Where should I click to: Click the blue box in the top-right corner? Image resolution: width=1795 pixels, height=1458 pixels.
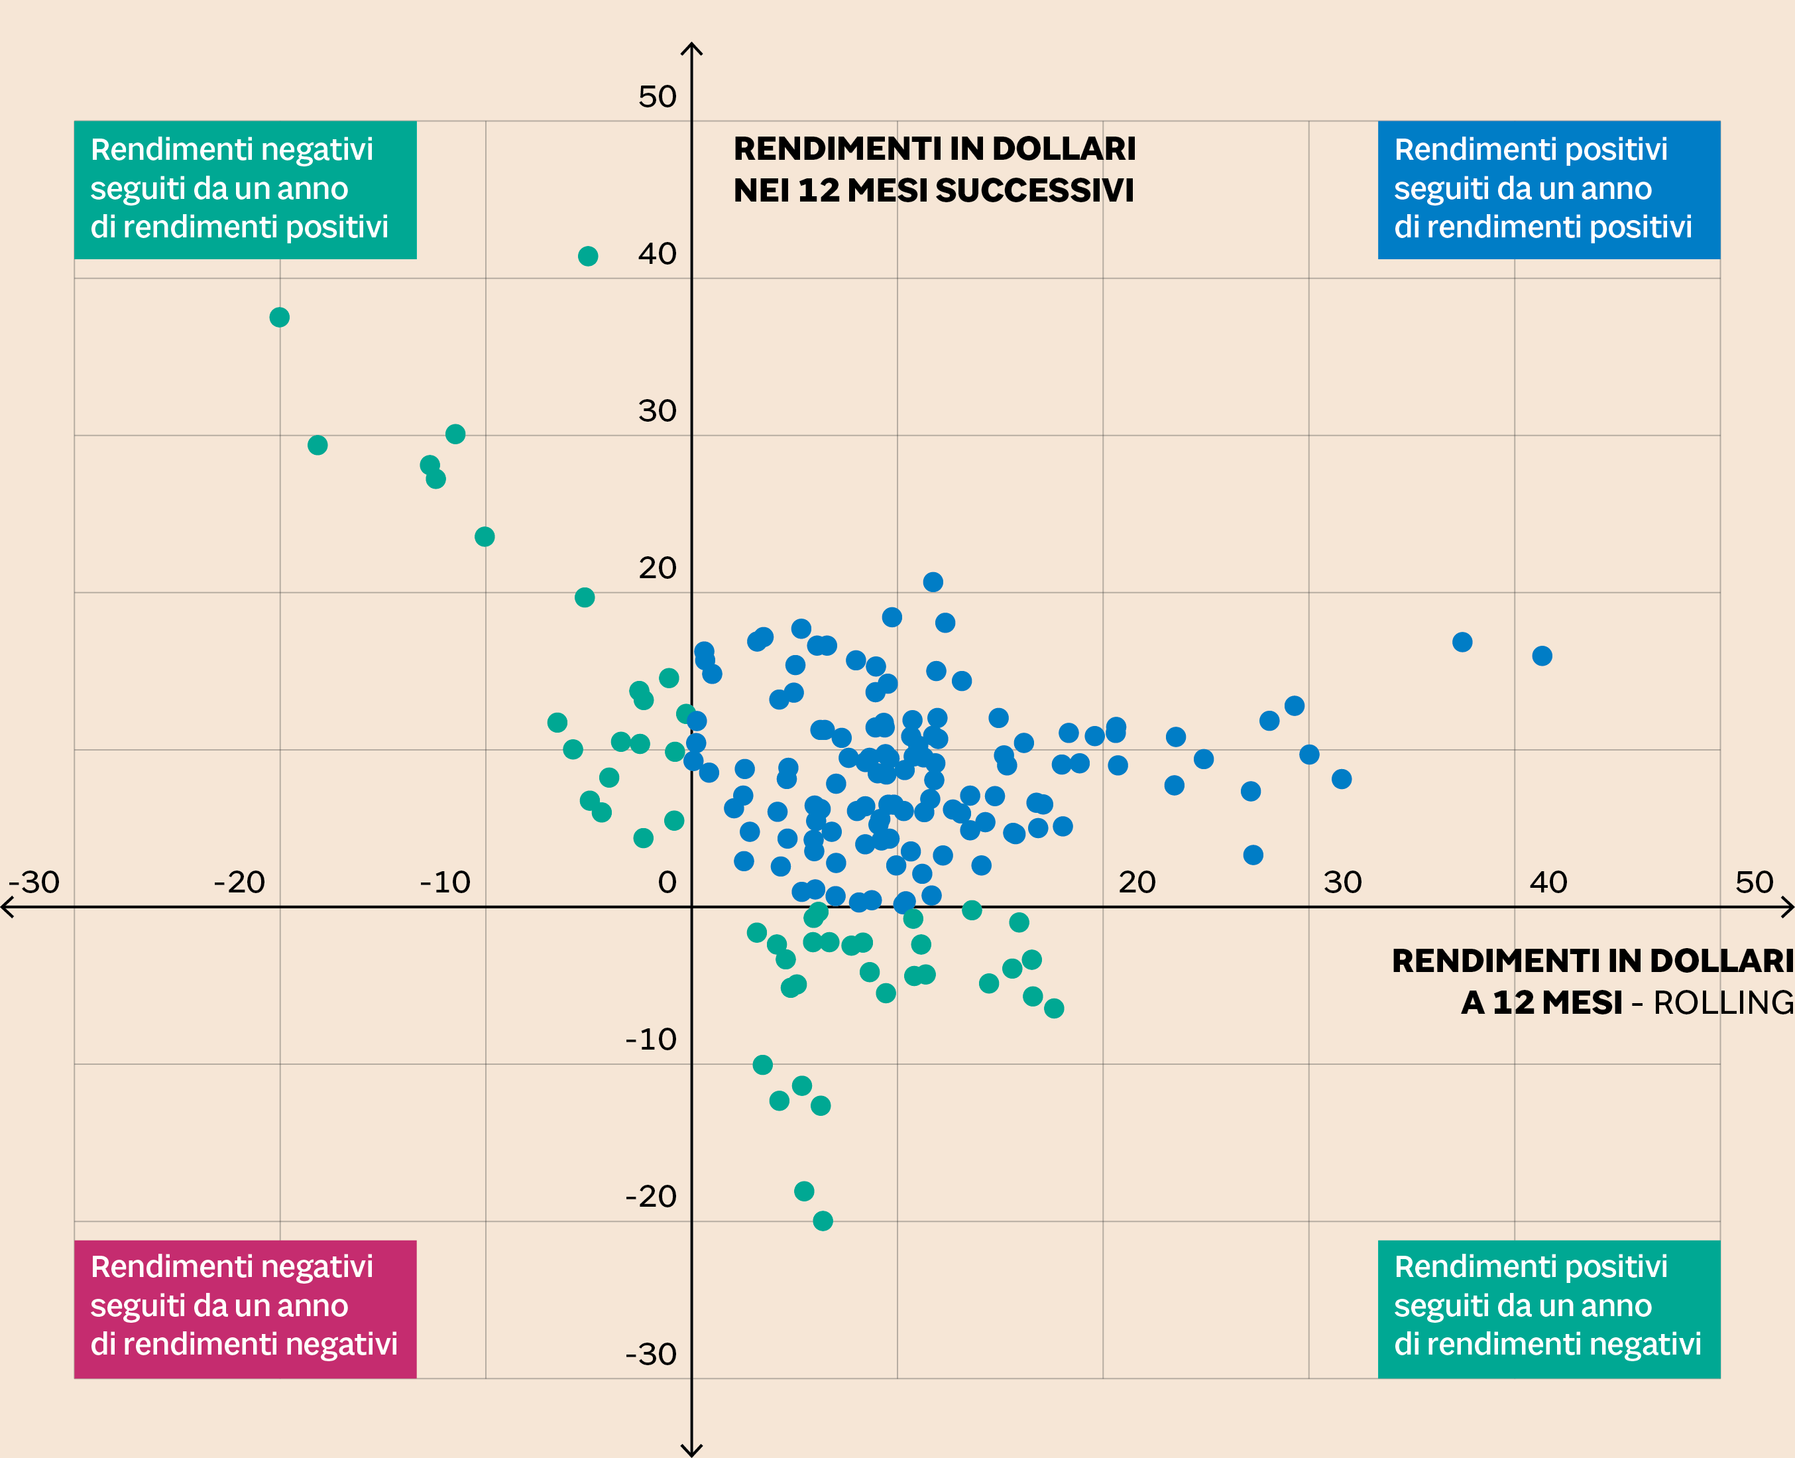click(x=1548, y=189)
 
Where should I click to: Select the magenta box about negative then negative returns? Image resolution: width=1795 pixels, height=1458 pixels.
click(x=245, y=1309)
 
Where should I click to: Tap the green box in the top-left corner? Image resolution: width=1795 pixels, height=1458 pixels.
click(x=245, y=189)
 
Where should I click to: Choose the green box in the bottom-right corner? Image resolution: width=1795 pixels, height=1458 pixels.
click(x=1548, y=1309)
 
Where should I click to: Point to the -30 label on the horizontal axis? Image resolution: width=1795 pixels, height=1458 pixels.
click(x=34, y=882)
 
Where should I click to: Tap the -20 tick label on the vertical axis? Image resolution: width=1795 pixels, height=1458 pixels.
click(x=651, y=1197)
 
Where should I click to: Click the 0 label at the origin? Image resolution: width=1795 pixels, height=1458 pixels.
click(x=667, y=882)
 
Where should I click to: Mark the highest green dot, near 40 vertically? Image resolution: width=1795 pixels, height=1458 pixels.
click(x=588, y=256)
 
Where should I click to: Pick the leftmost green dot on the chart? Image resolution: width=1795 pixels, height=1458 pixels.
click(x=280, y=318)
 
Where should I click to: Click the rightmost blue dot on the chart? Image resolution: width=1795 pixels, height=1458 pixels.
click(x=1541, y=656)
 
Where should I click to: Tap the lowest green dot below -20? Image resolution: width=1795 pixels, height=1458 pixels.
click(x=823, y=1221)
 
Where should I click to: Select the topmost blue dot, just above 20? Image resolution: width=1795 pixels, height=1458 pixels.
click(x=933, y=582)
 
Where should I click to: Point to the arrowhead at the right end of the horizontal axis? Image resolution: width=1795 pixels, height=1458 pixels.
click(x=1789, y=907)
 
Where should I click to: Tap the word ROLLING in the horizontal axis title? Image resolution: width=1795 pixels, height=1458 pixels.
click(x=1723, y=1002)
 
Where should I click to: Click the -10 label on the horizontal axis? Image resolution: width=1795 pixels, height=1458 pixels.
click(x=445, y=882)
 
